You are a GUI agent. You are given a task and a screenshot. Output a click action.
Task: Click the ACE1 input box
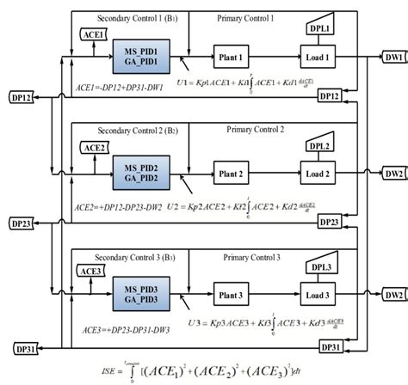[x=94, y=34]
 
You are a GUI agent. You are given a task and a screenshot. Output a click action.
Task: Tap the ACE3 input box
[x=90, y=271]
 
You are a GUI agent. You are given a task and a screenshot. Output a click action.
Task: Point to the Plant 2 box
[x=233, y=173]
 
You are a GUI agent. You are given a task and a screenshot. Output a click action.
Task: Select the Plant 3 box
[x=233, y=295]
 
